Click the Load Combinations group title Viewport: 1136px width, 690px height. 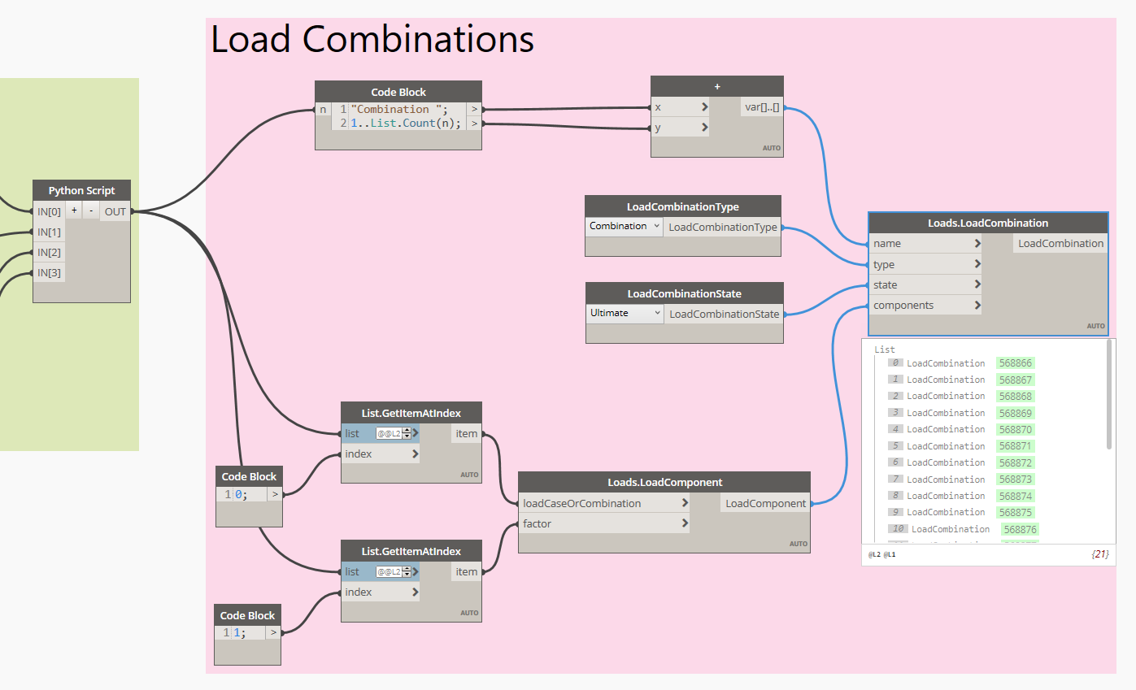(372, 39)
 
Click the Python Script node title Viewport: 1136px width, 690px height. (81, 191)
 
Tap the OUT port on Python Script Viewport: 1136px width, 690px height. (115, 211)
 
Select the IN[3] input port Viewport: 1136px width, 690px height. (49, 272)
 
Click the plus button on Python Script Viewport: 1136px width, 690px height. (74, 210)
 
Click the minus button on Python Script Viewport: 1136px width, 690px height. (91, 210)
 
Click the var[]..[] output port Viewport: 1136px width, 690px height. (761, 107)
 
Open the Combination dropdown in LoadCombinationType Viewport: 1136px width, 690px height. (624, 227)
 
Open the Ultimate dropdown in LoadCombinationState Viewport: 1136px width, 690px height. (625, 314)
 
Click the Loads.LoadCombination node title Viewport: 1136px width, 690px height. (988, 223)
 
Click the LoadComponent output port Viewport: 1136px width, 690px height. (765, 504)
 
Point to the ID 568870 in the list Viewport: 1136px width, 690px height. (1016, 429)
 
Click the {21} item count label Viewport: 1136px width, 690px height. (1099, 554)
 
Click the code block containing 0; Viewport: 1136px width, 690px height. (249, 494)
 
